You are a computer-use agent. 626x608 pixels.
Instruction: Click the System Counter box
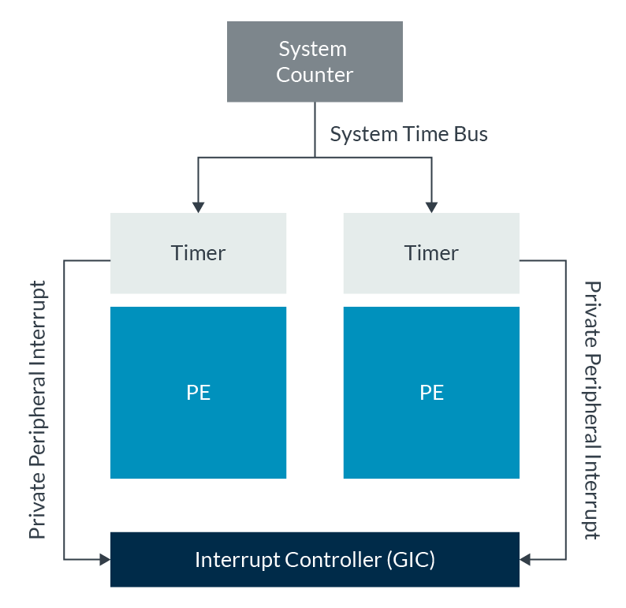pos(315,62)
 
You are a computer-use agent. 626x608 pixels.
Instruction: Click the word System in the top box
pos(313,49)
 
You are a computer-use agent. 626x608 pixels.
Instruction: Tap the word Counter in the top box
pos(315,75)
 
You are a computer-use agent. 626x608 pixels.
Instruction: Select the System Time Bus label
pos(408,134)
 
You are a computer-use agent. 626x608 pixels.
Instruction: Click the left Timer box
pos(198,253)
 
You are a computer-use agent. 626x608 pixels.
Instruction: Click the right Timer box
pos(431,253)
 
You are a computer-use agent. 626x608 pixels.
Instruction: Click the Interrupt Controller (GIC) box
pos(315,560)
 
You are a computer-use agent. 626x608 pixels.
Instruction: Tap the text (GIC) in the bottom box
pos(411,561)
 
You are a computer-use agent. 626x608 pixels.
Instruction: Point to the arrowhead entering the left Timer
pos(198,207)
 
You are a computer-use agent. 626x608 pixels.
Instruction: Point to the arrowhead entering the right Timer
pos(431,207)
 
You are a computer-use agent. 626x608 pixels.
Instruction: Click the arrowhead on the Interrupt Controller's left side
pos(104,560)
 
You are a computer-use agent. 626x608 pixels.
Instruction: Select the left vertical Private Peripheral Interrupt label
pos(38,409)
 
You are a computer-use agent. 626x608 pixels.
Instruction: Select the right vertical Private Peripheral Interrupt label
pos(591,410)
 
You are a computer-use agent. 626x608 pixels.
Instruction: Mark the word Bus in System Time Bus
pos(471,134)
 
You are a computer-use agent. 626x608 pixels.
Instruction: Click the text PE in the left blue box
pos(198,393)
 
